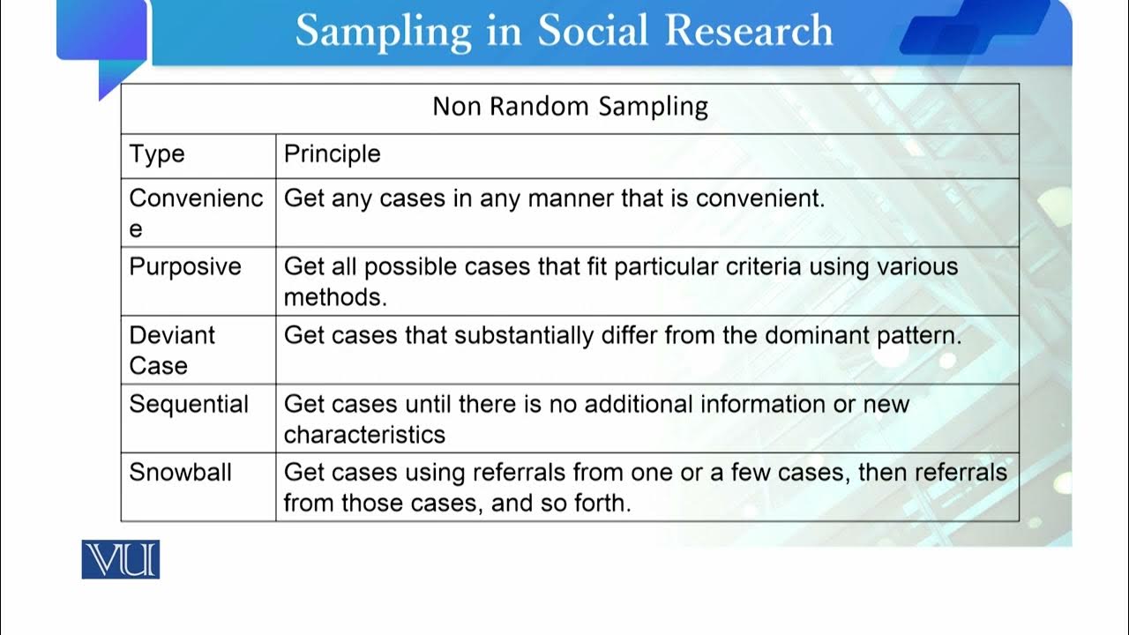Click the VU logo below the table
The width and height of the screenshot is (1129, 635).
[x=121, y=560]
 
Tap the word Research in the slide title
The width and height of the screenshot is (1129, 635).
[x=749, y=31]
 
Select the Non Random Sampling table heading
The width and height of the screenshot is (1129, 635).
[x=570, y=107]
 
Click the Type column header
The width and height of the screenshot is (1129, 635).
[x=157, y=154]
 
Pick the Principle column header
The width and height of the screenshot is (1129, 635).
[x=332, y=154]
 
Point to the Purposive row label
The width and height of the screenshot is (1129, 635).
[x=185, y=266]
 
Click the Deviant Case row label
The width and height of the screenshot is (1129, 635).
[x=172, y=350]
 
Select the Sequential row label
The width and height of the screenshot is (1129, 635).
[x=189, y=404]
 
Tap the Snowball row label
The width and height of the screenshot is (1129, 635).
[x=180, y=472]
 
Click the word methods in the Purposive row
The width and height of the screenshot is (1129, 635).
[x=335, y=297]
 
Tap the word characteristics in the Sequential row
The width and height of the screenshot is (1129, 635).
[x=364, y=434]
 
